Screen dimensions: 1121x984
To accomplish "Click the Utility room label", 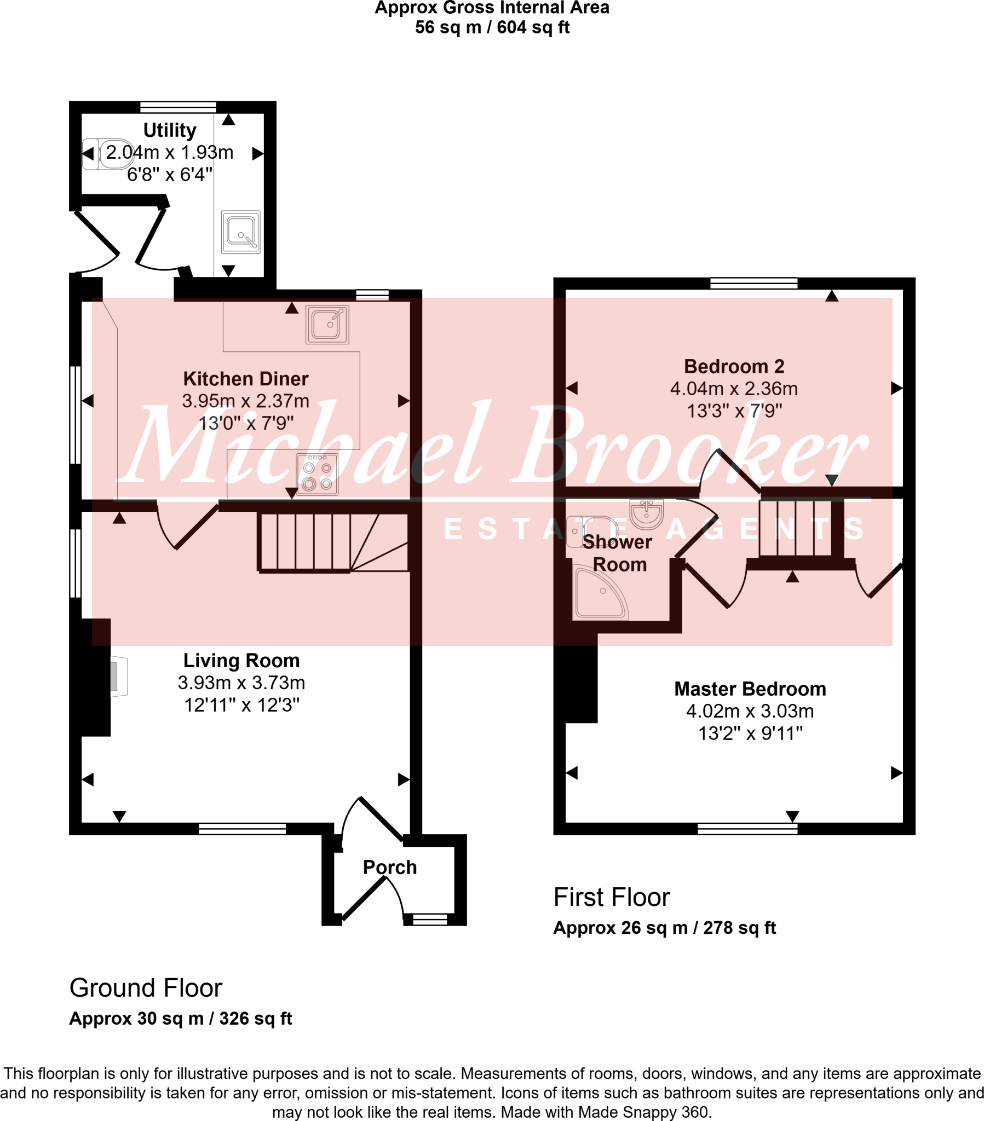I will pyautogui.click(x=170, y=130).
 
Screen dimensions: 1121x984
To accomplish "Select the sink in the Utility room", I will pyautogui.click(x=240, y=232).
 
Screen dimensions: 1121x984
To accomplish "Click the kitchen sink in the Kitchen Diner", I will pyautogui.click(x=327, y=325).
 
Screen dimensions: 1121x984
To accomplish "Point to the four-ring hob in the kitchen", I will pyautogui.click(x=317, y=475).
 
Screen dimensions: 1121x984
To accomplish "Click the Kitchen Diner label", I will pyautogui.click(x=245, y=379).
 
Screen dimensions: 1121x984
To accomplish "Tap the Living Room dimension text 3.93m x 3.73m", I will pyautogui.click(x=241, y=683).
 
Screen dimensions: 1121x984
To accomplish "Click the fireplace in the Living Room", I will pyautogui.click(x=118, y=677).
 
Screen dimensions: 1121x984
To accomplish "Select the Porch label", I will pyautogui.click(x=390, y=867).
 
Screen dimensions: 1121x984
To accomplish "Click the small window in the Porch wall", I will pyautogui.click(x=430, y=919).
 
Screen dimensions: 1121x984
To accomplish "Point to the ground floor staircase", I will pyautogui.click(x=332, y=542).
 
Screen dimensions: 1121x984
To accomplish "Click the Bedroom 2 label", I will pyautogui.click(x=734, y=366).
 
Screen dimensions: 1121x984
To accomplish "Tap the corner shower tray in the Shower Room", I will pyautogui.click(x=600, y=594).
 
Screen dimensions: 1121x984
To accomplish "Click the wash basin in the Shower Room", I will pyautogui.click(x=647, y=514).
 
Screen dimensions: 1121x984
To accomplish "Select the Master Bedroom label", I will pyautogui.click(x=750, y=689).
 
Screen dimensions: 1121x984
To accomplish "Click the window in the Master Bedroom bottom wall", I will pyautogui.click(x=747, y=829).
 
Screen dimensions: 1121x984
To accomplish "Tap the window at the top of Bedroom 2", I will pyautogui.click(x=753, y=284).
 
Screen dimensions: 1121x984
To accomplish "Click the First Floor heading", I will pyautogui.click(x=611, y=898).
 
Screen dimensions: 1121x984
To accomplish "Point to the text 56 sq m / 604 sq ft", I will pyautogui.click(x=492, y=27).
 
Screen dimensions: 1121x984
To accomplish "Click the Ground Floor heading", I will pyautogui.click(x=146, y=989).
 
